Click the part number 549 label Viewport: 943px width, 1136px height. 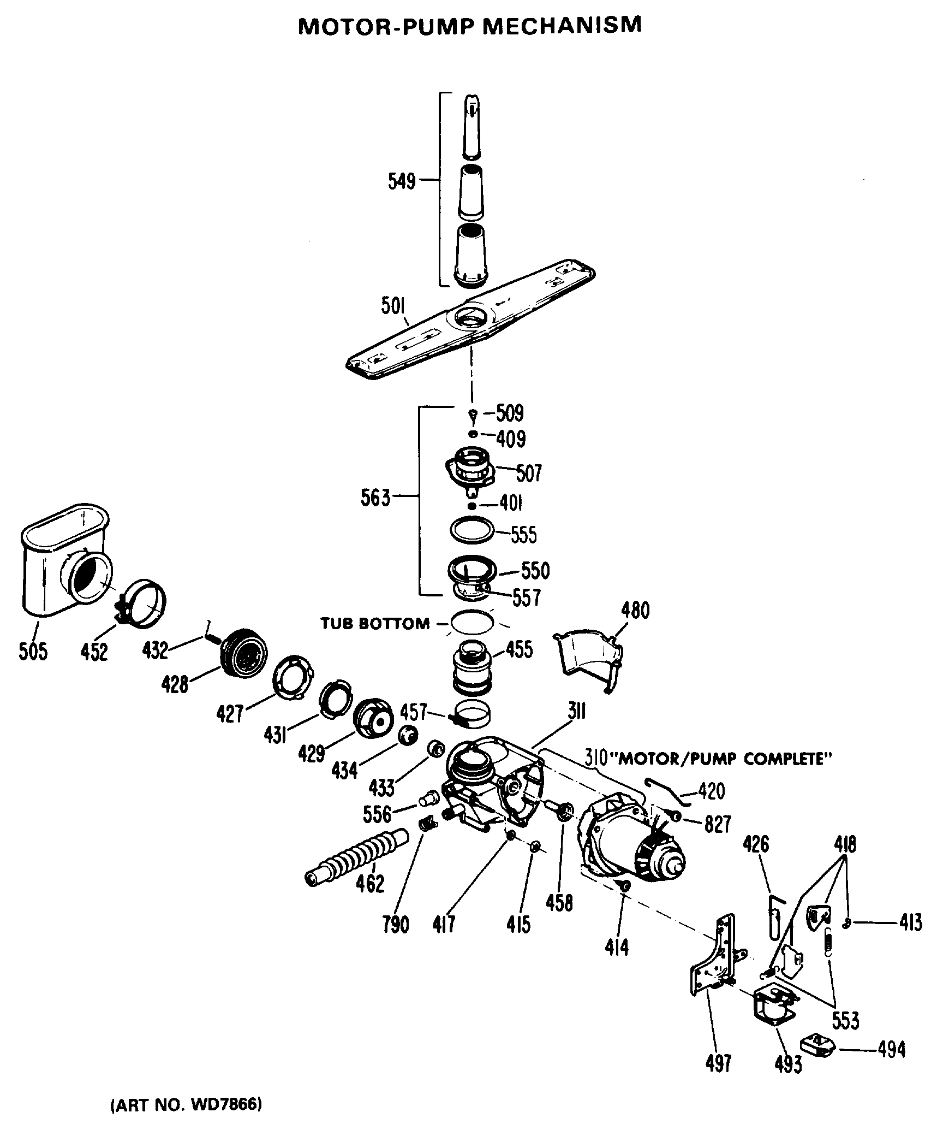point(401,181)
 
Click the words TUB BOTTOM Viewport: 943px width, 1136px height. point(375,623)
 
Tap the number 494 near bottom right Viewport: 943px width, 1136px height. point(892,1049)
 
